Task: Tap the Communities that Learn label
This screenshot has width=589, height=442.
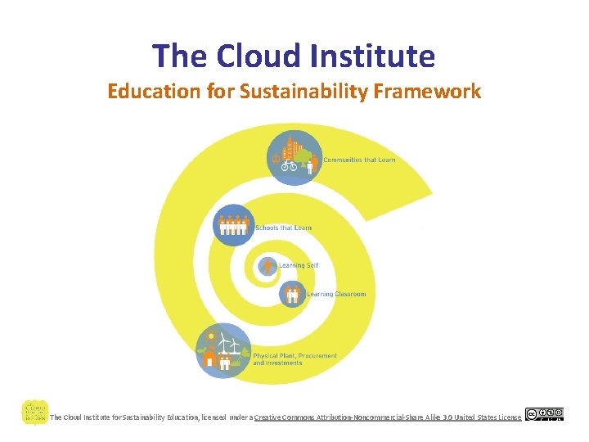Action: (x=359, y=160)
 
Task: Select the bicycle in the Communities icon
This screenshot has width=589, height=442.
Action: (x=289, y=165)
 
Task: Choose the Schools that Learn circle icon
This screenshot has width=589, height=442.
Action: (x=233, y=224)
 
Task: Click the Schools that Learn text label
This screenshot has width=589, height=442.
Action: (x=283, y=228)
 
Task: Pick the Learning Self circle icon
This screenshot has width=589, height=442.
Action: (x=268, y=266)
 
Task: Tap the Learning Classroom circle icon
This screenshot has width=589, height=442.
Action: (x=292, y=294)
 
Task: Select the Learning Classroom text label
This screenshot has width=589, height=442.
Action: (x=336, y=294)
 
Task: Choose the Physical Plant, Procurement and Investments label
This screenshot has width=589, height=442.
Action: (x=294, y=359)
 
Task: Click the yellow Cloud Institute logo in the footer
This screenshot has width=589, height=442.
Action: (x=34, y=411)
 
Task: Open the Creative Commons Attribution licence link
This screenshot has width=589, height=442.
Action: (x=387, y=417)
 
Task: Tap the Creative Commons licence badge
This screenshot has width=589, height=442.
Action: (x=544, y=414)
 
